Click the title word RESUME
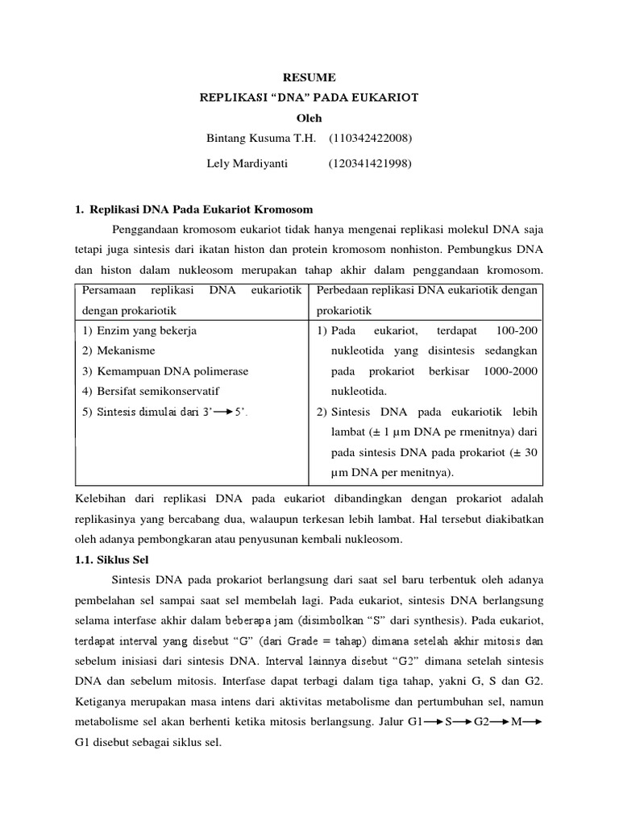pos(309,77)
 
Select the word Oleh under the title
pos(309,118)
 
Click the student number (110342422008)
pos(370,138)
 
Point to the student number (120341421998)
pos(370,164)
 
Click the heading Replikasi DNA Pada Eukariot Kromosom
pos(199,209)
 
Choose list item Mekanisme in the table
pos(126,350)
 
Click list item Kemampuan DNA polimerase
pos(172,371)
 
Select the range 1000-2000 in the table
pos(510,371)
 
